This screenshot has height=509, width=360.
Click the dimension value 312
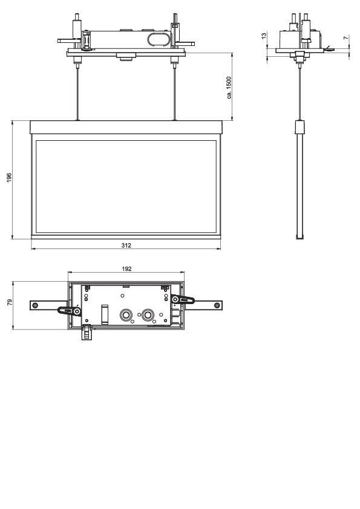(x=126, y=245)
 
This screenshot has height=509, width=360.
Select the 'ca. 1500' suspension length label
(x=228, y=87)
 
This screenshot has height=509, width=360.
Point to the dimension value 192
(x=126, y=268)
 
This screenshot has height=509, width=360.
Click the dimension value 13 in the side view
(x=263, y=36)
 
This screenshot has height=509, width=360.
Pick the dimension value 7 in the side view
(x=345, y=38)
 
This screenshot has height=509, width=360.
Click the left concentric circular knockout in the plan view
(x=126, y=315)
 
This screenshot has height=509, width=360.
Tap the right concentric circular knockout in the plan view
(x=147, y=315)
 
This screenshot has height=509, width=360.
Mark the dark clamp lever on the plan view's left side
(x=68, y=311)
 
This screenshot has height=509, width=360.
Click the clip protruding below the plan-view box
(x=87, y=332)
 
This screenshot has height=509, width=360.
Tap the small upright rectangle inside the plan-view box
(x=105, y=315)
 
